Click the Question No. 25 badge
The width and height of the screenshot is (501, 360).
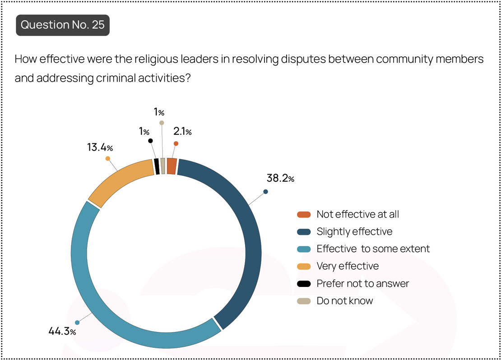pos(63,25)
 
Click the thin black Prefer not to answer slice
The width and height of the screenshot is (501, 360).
pos(157,166)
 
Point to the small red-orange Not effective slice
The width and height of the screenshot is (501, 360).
pos(172,166)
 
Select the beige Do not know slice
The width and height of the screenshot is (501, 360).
pos(163,166)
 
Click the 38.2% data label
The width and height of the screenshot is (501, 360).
pos(280,178)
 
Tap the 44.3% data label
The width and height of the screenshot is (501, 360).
pos(62,331)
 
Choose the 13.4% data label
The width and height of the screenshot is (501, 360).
pos(100,147)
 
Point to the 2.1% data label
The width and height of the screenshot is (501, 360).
pos(182,131)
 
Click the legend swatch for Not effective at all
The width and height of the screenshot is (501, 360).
pos(304,214)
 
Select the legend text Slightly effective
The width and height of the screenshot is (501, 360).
pos(354,231)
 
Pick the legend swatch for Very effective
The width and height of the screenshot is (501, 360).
pos(304,266)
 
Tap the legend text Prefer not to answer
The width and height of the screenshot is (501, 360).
pos(362,283)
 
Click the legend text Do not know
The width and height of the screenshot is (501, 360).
pos(345,300)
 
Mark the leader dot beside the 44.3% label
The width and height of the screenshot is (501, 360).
pos(77,323)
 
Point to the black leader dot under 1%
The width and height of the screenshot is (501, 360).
pos(150,141)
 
